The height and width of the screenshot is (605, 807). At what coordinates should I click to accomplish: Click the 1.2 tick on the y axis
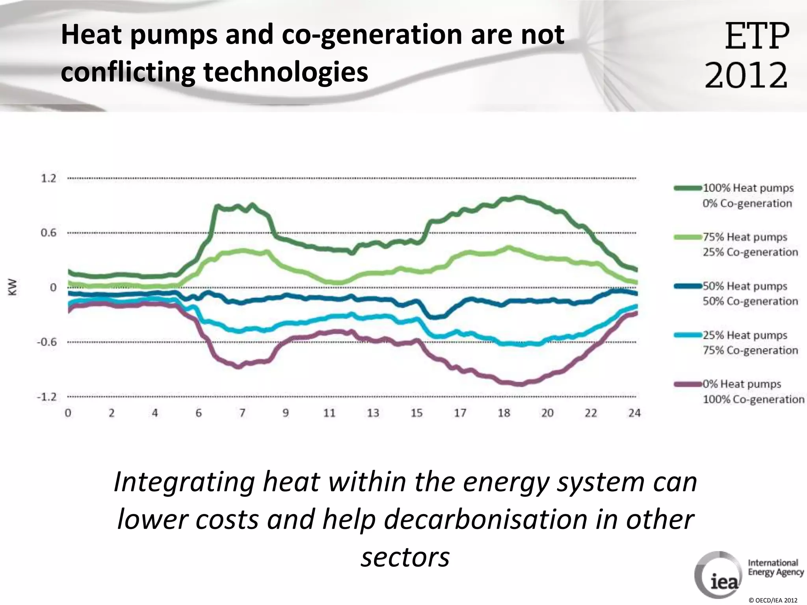click(x=48, y=178)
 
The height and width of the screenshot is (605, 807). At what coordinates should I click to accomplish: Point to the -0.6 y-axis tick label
click(x=46, y=342)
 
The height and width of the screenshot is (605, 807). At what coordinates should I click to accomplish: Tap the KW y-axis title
click(x=13, y=287)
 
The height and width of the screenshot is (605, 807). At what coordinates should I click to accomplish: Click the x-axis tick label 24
click(x=634, y=413)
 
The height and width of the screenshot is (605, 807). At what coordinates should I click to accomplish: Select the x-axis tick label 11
click(x=329, y=413)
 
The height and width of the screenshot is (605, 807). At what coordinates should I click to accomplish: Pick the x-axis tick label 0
click(x=68, y=413)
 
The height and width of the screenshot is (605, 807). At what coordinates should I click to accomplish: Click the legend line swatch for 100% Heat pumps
click(x=688, y=188)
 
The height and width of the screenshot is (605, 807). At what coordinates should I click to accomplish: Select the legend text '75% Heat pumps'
click(x=745, y=237)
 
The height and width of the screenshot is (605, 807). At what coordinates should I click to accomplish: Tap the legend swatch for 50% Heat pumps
click(x=688, y=286)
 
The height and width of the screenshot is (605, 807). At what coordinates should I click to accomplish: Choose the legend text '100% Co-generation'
click(x=753, y=399)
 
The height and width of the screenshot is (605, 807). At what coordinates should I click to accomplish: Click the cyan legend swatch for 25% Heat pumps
click(x=688, y=335)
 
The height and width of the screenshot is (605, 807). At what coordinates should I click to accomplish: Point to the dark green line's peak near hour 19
click(x=517, y=198)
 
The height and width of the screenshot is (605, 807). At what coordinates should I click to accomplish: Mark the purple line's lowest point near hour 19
click(x=519, y=384)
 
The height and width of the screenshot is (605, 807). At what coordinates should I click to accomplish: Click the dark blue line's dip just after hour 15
click(x=433, y=317)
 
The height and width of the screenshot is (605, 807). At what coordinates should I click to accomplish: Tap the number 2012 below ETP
click(x=746, y=75)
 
